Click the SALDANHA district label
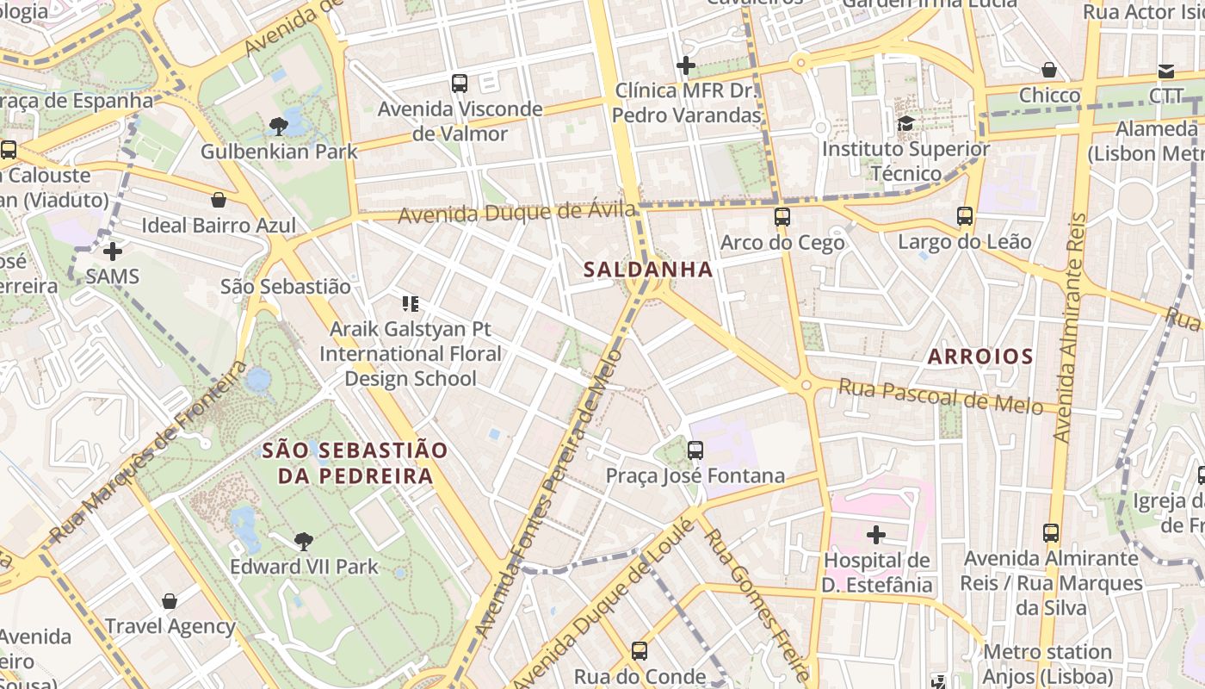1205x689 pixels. click(648, 270)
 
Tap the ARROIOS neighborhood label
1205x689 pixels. click(979, 356)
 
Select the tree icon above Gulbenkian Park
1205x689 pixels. click(278, 127)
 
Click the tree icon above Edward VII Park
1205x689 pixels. click(303, 541)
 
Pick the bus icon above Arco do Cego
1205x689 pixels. click(782, 217)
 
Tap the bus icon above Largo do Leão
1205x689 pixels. click(965, 216)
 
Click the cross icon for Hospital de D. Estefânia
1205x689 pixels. click(876, 535)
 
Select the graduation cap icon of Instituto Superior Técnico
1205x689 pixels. click(905, 123)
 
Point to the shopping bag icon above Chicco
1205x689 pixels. click(1049, 70)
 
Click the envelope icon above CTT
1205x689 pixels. click(1166, 71)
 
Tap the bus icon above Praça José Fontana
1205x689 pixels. click(695, 450)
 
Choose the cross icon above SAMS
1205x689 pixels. click(112, 251)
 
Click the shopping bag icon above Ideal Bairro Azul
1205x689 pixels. click(219, 200)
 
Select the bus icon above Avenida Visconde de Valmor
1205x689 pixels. click(460, 84)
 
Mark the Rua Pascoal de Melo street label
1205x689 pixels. click(940, 396)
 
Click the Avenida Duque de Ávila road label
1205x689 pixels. click(516, 212)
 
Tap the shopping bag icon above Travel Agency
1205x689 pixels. click(170, 600)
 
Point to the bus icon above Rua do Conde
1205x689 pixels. click(640, 651)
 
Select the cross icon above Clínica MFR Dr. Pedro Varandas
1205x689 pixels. click(686, 65)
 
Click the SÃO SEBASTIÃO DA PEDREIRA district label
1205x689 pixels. click(355, 462)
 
